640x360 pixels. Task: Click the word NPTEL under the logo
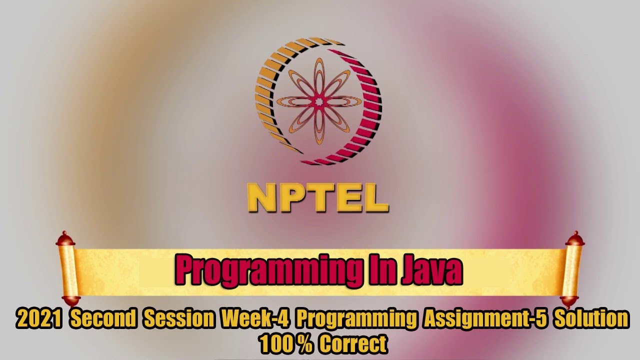[x=318, y=198]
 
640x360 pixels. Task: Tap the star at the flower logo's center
[x=318, y=101]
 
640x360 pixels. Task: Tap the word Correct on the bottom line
[x=353, y=344]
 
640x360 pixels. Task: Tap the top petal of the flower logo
[x=318, y=75]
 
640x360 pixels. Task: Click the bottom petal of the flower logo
[x=318, y=128]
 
